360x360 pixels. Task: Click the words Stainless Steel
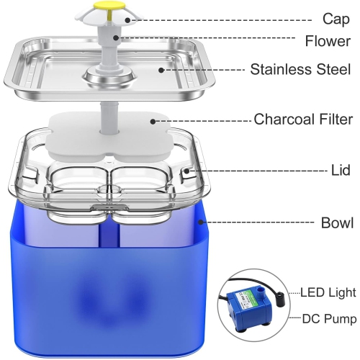(300, 70)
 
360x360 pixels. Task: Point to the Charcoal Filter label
(303, 119)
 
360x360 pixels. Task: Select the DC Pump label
(329, 318)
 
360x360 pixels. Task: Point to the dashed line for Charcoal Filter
(208, 120)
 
